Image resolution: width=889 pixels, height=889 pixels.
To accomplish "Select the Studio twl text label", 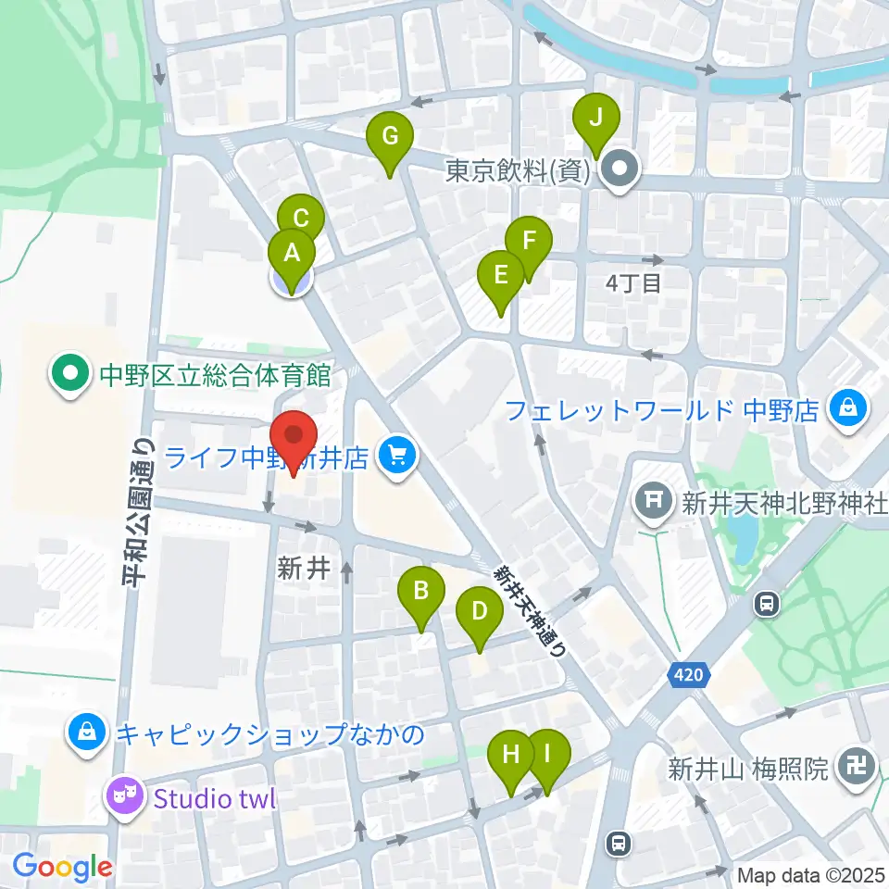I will pos(215,798).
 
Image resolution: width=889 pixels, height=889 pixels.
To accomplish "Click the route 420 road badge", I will pos(687,676).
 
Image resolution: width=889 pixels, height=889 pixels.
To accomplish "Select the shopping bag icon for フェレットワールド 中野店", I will pos(846,407).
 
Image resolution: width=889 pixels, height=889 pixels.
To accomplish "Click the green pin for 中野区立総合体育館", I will pos(69,375).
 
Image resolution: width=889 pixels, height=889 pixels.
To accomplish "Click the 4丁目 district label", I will pos(633,282).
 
